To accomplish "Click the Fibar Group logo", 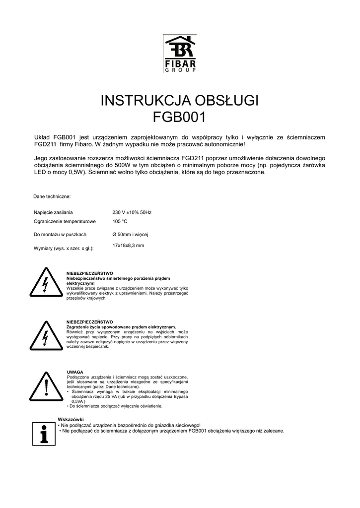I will (180, 53).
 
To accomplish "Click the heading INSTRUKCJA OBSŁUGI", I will (180, 101).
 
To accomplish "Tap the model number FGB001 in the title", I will (180, 118).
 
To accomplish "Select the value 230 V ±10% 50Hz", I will (132, 212).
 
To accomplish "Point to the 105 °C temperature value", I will (120, 221).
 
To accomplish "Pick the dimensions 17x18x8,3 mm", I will (128, 246).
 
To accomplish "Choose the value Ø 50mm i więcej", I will (131, 234).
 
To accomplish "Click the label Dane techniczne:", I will (52, 196).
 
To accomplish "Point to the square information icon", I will (43, 434).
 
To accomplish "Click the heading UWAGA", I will (74, 372).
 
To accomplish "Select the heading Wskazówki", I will (71, 420).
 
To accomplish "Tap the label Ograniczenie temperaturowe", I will (65, 221).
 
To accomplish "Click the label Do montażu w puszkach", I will (60, 234).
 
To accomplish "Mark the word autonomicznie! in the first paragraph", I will (222, 144).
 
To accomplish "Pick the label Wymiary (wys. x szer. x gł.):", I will (64, 248).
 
